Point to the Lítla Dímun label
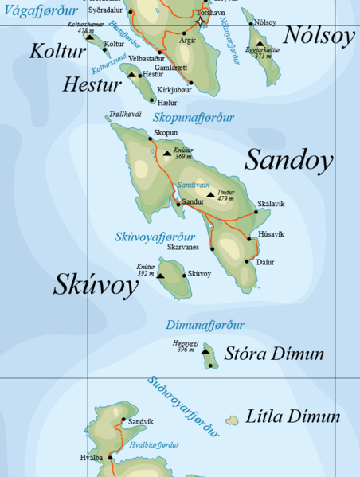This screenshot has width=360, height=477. tap(293, 416)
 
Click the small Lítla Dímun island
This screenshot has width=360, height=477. tap(233, 420)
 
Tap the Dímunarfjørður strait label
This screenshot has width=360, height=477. tap(205, 325)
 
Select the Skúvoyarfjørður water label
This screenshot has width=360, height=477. tap(155, 237)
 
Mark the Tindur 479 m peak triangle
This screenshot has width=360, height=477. tap(211, 194)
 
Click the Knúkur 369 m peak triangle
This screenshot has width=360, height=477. tap(167, 153)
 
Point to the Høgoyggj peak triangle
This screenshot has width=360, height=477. tap(205, 350)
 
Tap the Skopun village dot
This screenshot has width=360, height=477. tap(150, 139)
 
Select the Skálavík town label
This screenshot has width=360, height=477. tap(271, 204)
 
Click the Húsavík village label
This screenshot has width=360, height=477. tap(271, 234)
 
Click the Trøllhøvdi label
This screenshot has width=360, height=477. tap(125, 114)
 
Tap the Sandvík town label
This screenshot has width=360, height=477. tap(141, 420)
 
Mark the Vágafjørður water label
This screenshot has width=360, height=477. tap(40, 11)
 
